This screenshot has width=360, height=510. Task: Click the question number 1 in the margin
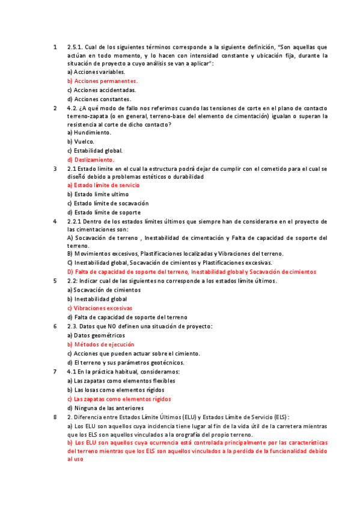55,46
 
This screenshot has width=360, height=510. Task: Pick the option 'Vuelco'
81,142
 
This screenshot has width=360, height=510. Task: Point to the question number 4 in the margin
55,221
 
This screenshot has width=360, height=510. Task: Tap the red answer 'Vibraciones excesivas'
100,308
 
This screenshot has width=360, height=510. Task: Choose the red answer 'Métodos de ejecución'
100,345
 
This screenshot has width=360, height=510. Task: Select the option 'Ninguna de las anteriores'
106,408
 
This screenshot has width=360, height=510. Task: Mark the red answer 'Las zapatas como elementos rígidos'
119,399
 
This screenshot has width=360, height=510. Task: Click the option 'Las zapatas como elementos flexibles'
121,381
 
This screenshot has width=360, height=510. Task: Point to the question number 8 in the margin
55,417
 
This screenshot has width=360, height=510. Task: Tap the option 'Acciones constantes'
99,99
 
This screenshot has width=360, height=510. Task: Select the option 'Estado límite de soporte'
104,212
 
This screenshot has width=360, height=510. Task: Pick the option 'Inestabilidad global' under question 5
97,299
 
